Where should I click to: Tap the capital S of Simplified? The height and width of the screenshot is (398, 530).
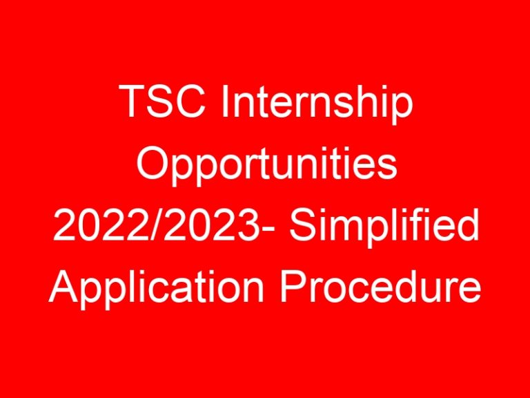tap(300, 227)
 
